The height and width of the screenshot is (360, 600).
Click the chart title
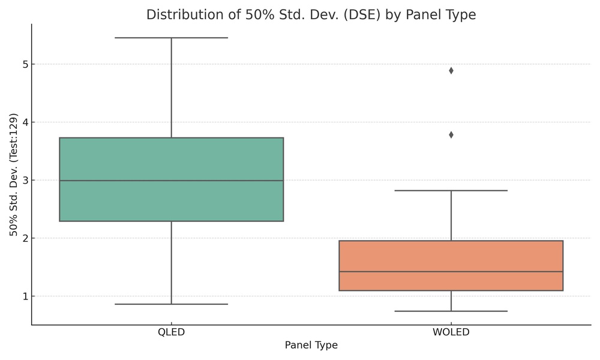pos(311,15)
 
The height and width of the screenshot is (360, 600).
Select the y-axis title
pos(14,175)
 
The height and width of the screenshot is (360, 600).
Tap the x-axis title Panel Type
pos(311,345)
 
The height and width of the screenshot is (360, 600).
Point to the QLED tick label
pos(172,332)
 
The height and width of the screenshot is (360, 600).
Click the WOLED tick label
pos(451,332)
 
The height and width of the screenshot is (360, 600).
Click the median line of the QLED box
pos(172,181)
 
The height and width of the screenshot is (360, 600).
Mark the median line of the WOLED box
pos(451,272)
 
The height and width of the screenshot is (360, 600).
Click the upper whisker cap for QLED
pos(172,38)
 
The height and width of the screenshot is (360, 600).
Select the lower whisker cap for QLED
pos(172,304)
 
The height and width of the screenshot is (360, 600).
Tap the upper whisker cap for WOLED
pos(451,190)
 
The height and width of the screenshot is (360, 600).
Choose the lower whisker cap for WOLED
pos(451,311)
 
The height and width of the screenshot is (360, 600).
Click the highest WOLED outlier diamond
pos(451,71)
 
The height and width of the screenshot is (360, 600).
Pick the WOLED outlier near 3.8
pos(451,135)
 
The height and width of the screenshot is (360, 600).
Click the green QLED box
pos(172,159)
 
